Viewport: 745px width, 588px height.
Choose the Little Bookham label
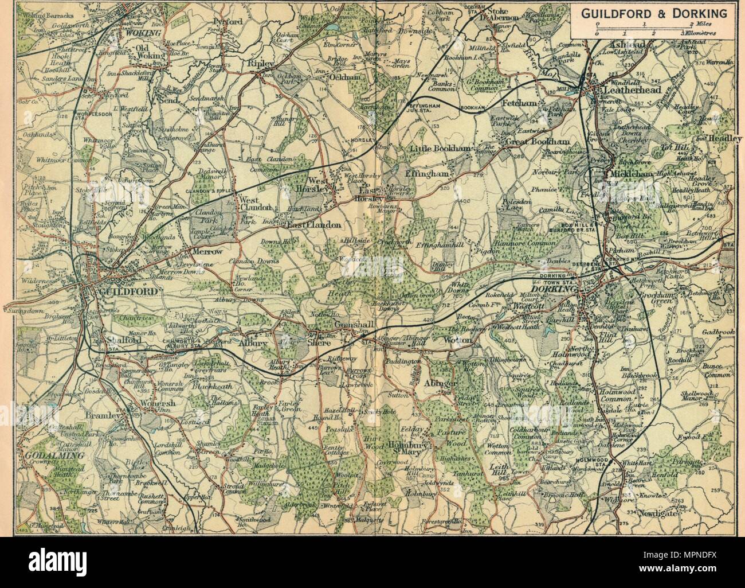pos(441,149)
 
